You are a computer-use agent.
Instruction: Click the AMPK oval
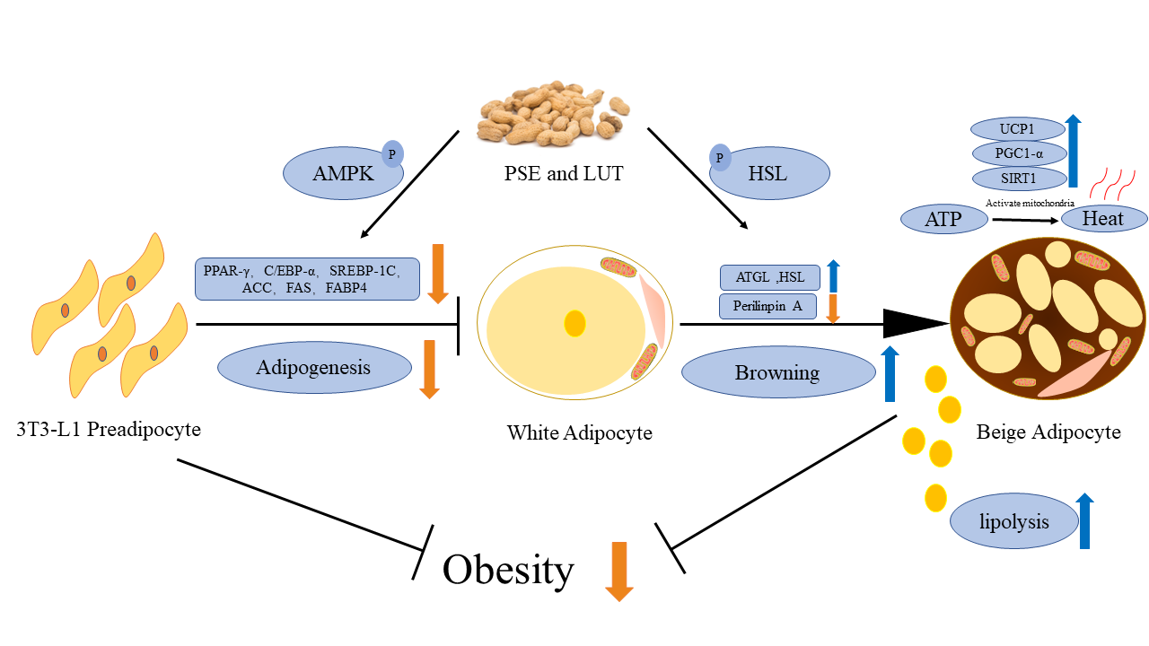coord(341,174)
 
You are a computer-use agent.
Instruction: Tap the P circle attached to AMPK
coord(391,153)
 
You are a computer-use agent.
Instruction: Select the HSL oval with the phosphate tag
coord(769,174)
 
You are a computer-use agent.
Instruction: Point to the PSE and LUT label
coord(564,173)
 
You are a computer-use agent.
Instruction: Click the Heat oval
coord(1103,218)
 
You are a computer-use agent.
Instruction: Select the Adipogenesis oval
coord(313,368)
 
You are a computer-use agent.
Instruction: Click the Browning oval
coord(777,372)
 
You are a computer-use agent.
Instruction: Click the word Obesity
coord(508,569)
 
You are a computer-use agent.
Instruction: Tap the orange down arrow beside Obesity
coord(619,572)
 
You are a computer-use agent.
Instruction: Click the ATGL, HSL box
coord(769,277)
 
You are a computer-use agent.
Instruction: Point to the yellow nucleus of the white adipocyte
coord(574,323)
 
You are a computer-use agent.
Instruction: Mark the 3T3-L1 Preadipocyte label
coord(108,429)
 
